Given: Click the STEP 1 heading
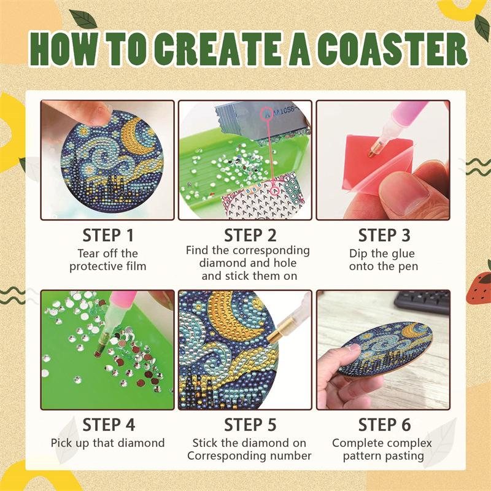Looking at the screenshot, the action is click(108, 236).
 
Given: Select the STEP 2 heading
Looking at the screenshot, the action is click(250, 236).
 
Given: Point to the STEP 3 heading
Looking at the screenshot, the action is click(384, 236).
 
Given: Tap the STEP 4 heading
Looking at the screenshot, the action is click(109, 425).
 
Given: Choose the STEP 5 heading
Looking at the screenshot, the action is click(250, 425).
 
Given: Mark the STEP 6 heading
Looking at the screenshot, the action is click(384, 425).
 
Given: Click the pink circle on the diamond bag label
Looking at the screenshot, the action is click(267, 114).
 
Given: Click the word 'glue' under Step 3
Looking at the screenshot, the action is click(401, 253).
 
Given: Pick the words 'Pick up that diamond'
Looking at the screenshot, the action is click(108, 443).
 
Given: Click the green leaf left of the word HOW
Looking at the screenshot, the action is click(83, 18).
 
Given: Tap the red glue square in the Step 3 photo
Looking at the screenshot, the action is click(373, 163).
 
